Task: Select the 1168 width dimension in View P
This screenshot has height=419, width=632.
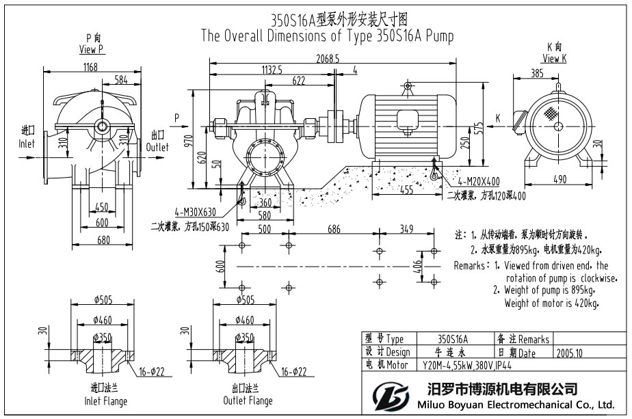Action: (x=90, y=67)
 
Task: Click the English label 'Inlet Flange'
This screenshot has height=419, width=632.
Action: (x=105, y=401)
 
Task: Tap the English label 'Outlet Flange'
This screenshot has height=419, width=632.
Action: (x=248, y=401)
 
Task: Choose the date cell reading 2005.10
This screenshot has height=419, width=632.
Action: (x=570, y=353)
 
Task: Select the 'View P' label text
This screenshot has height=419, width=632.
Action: (x=91, y=49)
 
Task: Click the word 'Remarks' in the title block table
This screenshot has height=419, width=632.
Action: (x=534, y=339)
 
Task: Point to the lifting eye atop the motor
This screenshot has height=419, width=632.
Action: (x=408, y=87)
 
